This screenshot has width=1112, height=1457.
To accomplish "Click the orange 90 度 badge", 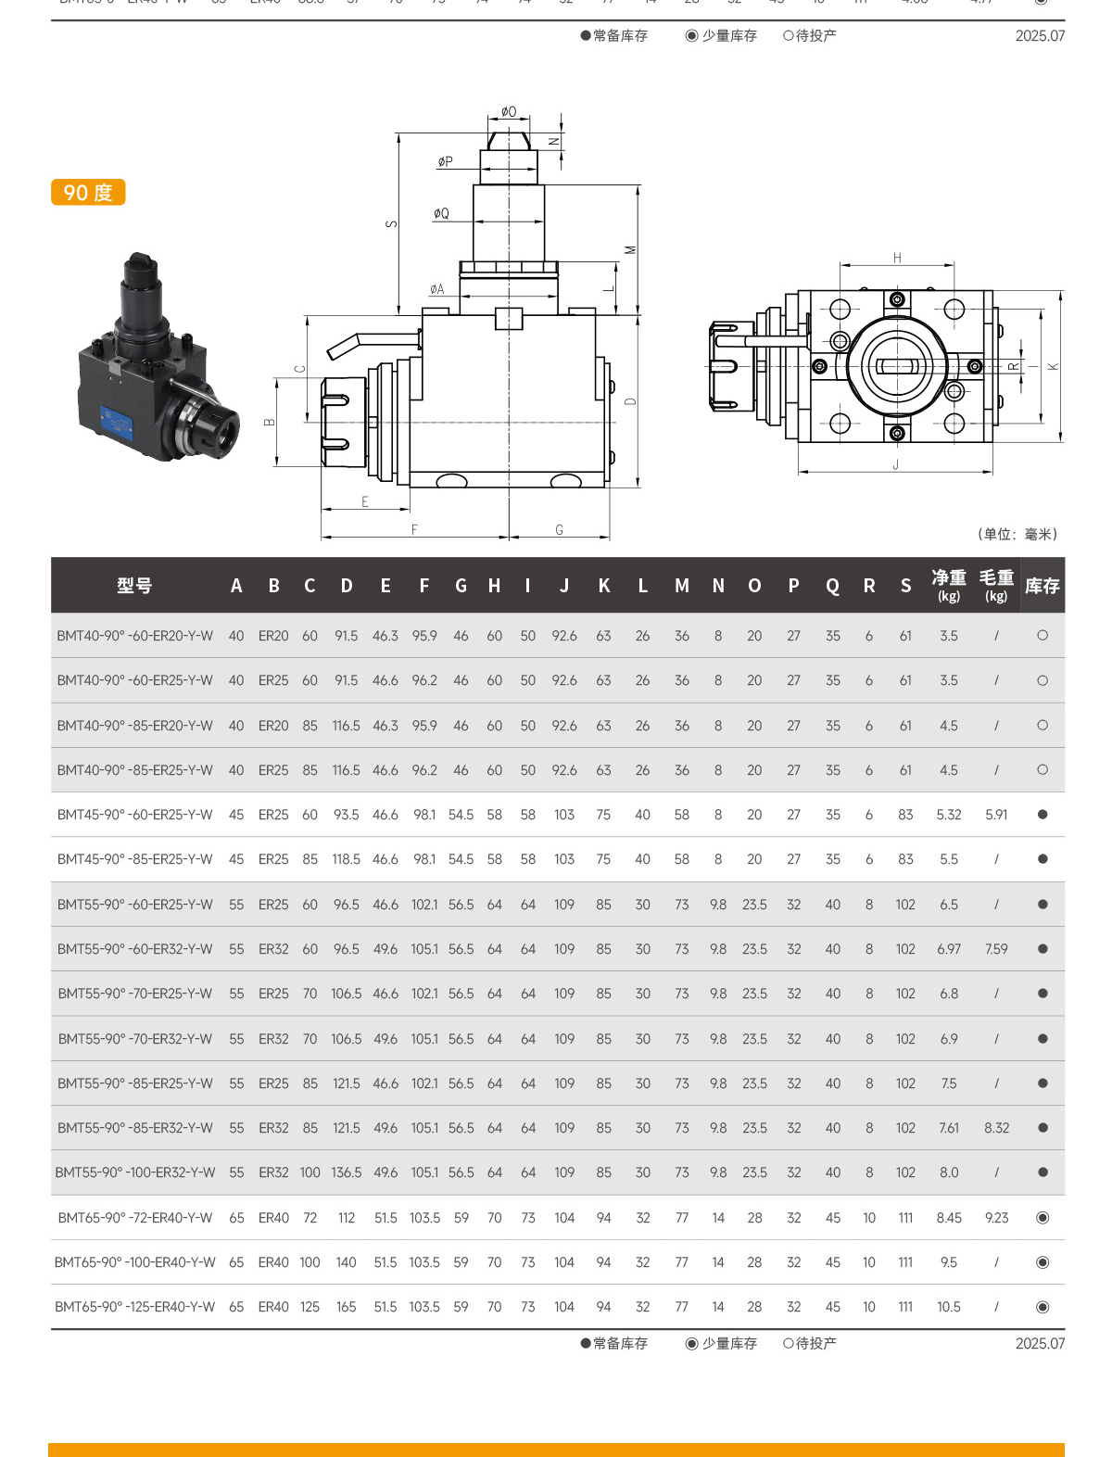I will click(x=88, y=193).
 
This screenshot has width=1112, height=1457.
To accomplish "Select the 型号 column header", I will click(x=134, y=586).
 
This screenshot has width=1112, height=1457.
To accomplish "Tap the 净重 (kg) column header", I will click(x=949, y=585).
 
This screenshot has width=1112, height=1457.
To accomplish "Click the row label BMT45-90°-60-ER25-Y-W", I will click(x=135, y=815).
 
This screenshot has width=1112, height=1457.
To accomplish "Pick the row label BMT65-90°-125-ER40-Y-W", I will click(x=135, y=1307).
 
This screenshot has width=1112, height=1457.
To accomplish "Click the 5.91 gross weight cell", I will click(x=996, y=815).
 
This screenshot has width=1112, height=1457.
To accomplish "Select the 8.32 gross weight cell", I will click(x=996, y=1128).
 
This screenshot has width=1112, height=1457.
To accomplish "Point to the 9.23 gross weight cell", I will click(x=996, y=1218).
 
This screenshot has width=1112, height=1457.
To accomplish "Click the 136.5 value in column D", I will click(x=347, y=1172).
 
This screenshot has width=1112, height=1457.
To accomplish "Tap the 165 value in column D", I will click(x=347, y=1307).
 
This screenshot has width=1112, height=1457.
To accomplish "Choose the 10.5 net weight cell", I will click(x=949, y=1307).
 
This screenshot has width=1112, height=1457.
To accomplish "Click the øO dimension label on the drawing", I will click(x=509, y=112).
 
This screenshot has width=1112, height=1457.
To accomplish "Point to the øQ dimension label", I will click(x=441, y=213).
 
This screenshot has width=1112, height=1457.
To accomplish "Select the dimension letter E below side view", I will click(x=365, y=501).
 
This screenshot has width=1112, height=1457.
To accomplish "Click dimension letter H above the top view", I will click(x=897, y=258).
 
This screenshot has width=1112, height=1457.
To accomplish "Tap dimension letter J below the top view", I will click(x=896, y=465).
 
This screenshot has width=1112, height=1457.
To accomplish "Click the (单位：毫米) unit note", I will click(x=1017, y=534).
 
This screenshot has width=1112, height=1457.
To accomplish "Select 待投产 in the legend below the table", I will click(x=810, y=1343).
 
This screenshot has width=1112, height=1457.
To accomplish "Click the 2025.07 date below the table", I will click(x=1040, y=1343).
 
